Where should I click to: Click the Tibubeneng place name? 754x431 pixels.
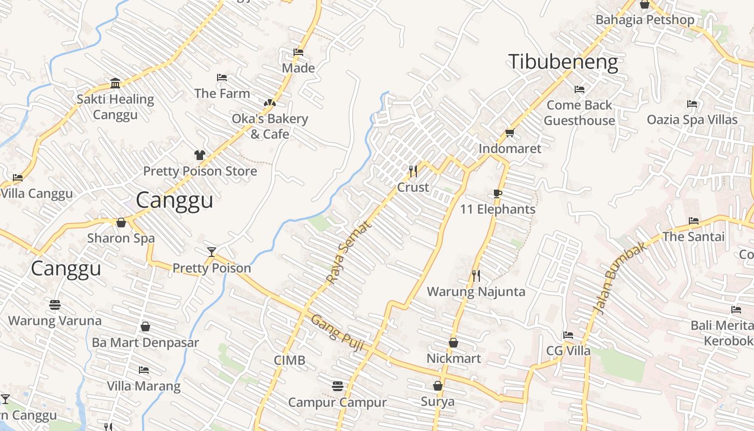pyautogui.click(x=563, y=62)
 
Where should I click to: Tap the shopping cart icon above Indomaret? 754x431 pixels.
pyautogui.click(x=509, y=133)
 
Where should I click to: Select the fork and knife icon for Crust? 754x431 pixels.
pyautogui.click(x=413, y=171)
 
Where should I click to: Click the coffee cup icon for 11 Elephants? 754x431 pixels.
pyautogui.click(x=498, y=193)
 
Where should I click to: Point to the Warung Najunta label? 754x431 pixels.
pyautogui.click(x=476, y=291)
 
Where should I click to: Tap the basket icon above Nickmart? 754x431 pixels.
pyautogui.click(x=453, y=343)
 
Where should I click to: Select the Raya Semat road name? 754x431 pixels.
pyautogui.click(x=349, y=252)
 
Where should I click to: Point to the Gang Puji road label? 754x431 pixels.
pyautogui.click(x=337, y=333)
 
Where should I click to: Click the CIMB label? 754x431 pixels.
pyautogui.click(x=289, y=360)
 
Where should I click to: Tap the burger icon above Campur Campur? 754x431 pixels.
pyautogui.click(x=338, y=386)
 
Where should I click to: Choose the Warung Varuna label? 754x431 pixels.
pyautogui.click(x=54, y=321)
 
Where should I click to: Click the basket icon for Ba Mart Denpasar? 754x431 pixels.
pyautogui.click(x=145, y=326)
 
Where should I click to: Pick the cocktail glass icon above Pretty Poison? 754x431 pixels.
pyautogui.click(x=212, y=252)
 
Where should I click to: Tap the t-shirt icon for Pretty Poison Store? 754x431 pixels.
pyautogui.click(x=200, y=155)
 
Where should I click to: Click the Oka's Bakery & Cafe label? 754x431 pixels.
pyautogui.click(x=270, y=126)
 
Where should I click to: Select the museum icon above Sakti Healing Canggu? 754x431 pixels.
pyautogui.click(x=115, y=83)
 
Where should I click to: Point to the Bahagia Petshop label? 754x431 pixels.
pyautogui.click(x=645, y=20)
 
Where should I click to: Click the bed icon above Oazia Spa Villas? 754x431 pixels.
pyautogui.click(x=692, y=103)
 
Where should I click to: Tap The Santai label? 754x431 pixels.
pyautogui.click(x=693, y=237)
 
